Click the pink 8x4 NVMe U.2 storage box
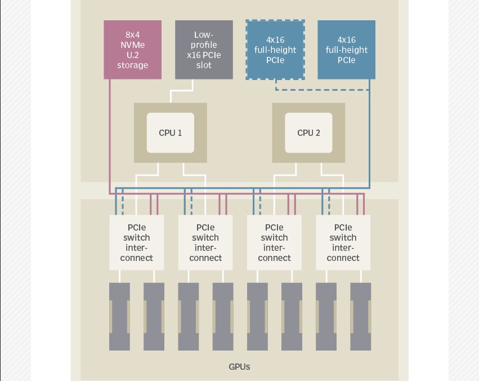coord(133,50)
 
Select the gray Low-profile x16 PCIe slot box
coord(204,50)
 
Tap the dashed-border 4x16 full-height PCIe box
coord(275,50)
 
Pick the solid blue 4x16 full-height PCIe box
coord(346,50)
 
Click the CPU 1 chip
coord(171,133)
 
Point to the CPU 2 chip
coord(308,133)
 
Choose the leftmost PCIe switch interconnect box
coord(137,243)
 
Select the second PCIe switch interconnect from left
coord(205,243)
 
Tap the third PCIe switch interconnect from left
coord(274,243)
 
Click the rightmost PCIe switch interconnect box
coord(343,243)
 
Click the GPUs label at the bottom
coord(239,367)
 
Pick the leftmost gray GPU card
coord(119,316)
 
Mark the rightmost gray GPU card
coord(361,316)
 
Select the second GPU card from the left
coord(154,316)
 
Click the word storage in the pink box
coord(133,65)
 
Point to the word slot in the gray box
coord(204,65)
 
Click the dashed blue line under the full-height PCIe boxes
coord(321,89)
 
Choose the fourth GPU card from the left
coord(223,316)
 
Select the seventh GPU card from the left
coord(326,316)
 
